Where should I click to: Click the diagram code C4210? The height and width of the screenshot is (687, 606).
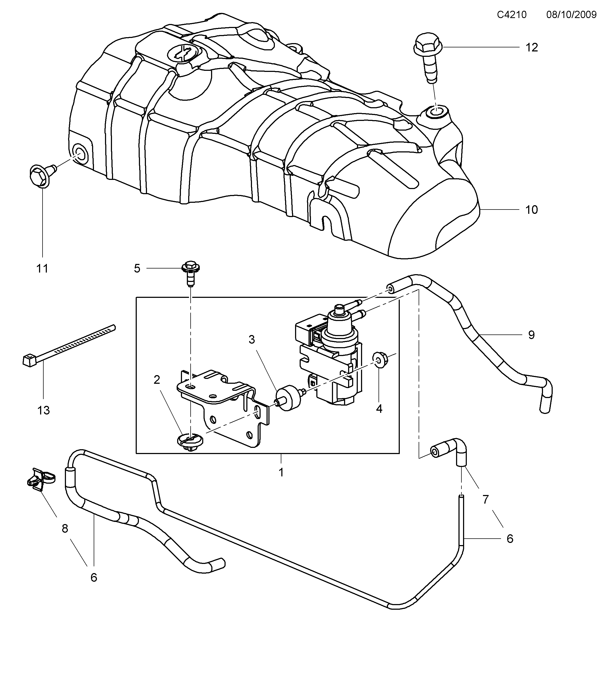(x=512, y=15)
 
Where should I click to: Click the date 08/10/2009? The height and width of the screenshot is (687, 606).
(x=571, y=15)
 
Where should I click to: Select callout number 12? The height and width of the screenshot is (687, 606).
(x=531, y=47)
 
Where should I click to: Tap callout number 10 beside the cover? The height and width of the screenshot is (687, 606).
(x=531, y=210)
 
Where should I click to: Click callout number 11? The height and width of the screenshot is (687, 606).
(x=42, y=268)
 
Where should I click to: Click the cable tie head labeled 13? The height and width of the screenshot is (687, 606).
(x=30, y=361)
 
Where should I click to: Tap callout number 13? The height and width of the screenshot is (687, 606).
(x=44, y=410)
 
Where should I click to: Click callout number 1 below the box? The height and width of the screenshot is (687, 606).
(x=281, y=472)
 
